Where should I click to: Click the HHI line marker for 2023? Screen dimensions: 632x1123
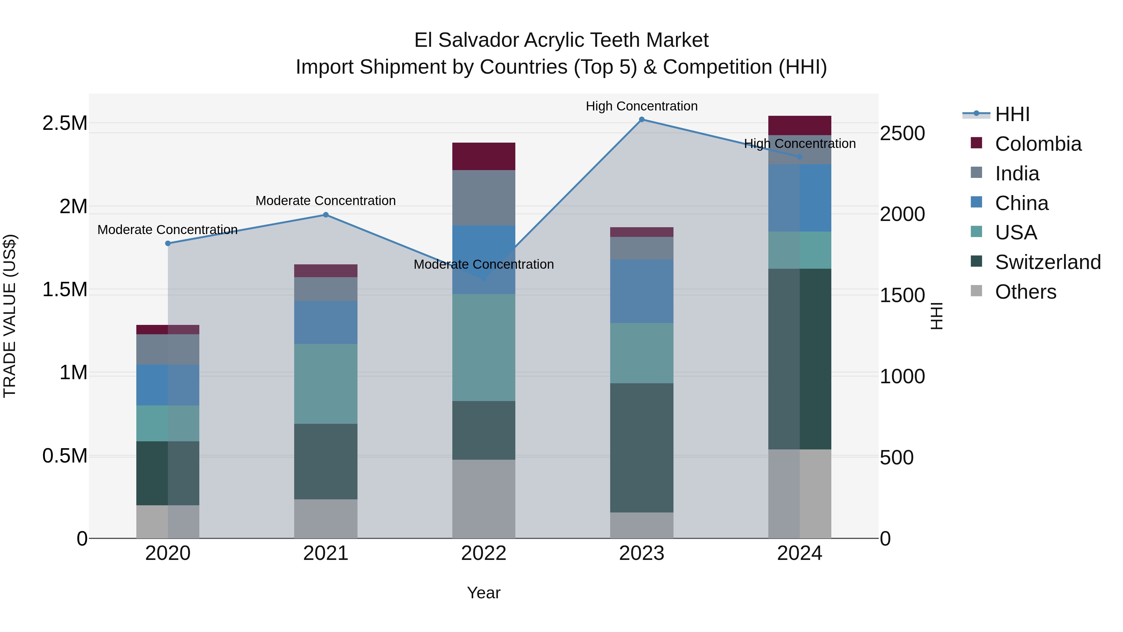pyautogui.click(x=641, y=120)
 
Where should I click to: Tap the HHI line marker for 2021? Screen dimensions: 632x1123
pyautogui.click(x=326, y=215)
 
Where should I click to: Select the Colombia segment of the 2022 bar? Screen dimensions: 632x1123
pyautogui.click(x=484, y=156)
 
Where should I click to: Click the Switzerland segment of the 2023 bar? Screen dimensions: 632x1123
pyautogui.click(x=641, y=448)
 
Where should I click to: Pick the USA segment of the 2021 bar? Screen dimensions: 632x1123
pyautogui.click(x=326, y=384)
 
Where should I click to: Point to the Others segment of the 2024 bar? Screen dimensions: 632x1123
pyautogui.click(x=800, y=494)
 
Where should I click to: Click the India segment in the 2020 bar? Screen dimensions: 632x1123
pyautogui.click(x=168, y=349)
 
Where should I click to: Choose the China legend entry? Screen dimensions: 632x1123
pyautogui.click(x=1021, y=203)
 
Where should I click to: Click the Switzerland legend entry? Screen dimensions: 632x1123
pyautogui.click(x=1047, y=262)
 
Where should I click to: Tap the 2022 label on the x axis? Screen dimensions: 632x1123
pyautogui.click(x=484, y=553)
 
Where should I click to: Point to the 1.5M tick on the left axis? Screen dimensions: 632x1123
pyautogui.click(x=65, y=290)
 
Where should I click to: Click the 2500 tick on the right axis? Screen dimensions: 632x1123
pyautogui.click(x=902, y=134)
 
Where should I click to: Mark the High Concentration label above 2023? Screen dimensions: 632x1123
pyautogui.click(x=641, y=106)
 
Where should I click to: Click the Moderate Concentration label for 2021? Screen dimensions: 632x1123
pyautogui.click(x=326, y=201)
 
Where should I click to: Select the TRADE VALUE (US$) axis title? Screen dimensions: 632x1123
pyautogui.click(x=10, y=316)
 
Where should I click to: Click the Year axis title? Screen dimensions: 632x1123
pyautogui.click(x=484, y=593)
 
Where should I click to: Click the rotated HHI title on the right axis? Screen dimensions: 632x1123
pyautogui.click(x=937, y=316)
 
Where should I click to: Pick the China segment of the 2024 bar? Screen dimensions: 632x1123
pyautogui.click(x=800, y=198)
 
